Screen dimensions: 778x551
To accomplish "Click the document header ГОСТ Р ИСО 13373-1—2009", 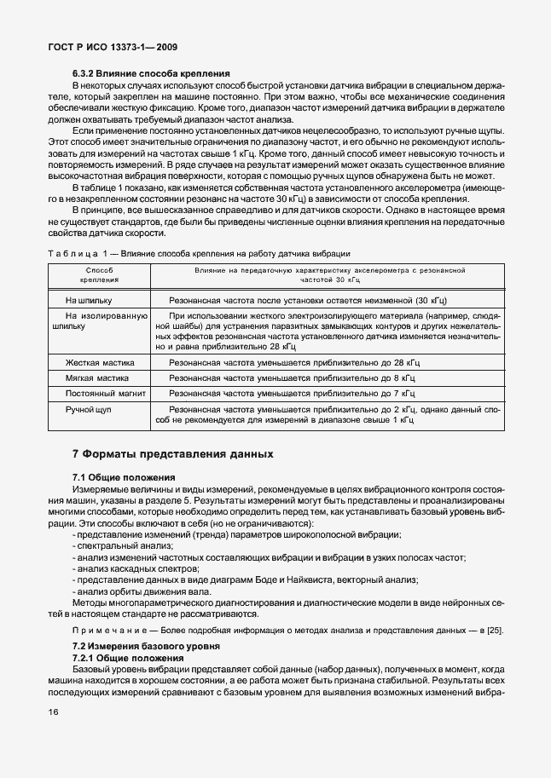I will (107, 48).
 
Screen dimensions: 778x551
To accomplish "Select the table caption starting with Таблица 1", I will (199, 254).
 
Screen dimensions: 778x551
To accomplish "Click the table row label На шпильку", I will (89, 301).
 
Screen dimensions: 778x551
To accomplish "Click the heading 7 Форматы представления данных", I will (172, 453).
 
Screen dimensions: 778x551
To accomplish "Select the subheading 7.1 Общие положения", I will (124, 477).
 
